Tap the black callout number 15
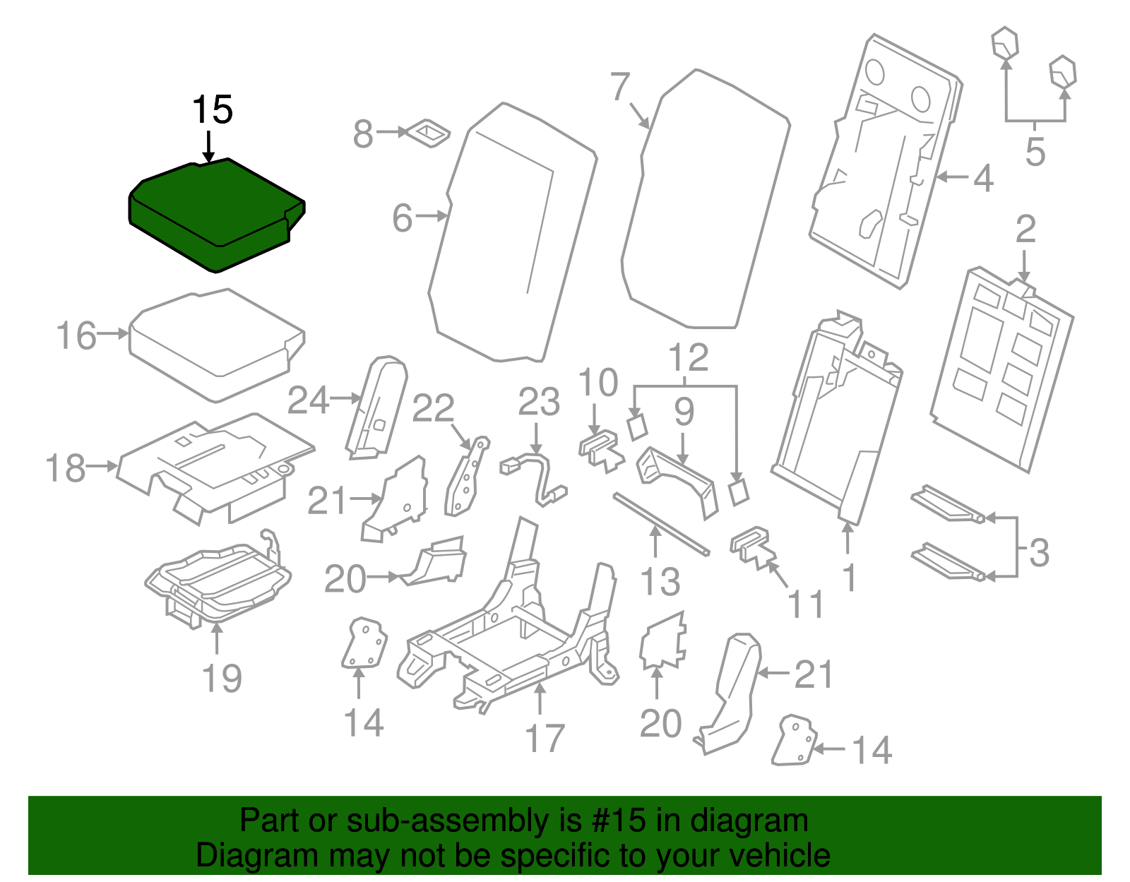tap(212, 110)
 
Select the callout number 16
tap(76, 335)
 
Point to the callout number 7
tap(619, 88)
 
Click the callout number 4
tap(983, 178)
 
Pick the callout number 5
tap(1035, 152)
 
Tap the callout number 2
tap(1025, 230)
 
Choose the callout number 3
tap(1039, 552)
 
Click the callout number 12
tap(688, 358)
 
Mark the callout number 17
tap(545, 738)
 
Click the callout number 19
tap(222, 679)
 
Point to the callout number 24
tap(309, 401)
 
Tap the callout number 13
tap(660, 582)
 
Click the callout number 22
tap(432, 409)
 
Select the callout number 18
tap(66, 468)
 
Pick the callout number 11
tap(805, 604)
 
